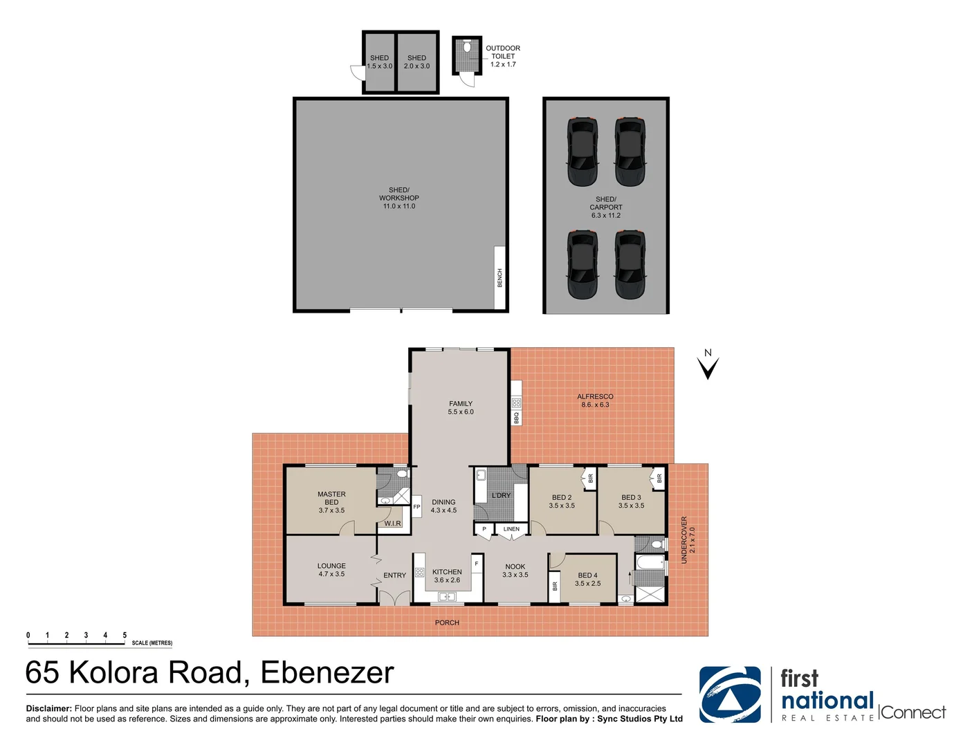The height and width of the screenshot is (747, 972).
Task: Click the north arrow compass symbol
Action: coord(708,366)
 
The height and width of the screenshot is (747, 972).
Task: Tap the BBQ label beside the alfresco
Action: coord(516,418)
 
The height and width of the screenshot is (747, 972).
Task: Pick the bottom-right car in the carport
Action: coord(630,264)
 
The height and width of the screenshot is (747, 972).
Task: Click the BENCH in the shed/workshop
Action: coord(499,278)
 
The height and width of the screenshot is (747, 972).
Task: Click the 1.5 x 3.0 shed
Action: coord(379,63)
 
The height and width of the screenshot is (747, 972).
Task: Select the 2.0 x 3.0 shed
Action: coord(417,63)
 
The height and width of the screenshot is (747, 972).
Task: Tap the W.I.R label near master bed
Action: coord(393,524)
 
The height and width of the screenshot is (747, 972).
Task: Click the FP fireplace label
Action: coord(416,507)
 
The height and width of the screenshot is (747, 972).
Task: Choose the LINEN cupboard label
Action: coord(511,529)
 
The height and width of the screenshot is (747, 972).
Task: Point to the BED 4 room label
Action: coord(587,575)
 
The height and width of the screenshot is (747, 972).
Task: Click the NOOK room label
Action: coord(515,566)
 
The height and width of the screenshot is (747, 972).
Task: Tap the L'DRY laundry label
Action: coord(501,495)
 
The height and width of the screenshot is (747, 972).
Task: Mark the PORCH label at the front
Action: coord(447,622)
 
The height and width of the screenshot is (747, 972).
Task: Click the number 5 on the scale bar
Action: coord(125,635)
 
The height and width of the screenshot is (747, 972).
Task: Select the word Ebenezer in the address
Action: coord(327,673)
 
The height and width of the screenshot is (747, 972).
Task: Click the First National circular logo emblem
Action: coord(729,694)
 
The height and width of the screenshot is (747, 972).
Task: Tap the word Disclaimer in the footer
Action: coord(48,708)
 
